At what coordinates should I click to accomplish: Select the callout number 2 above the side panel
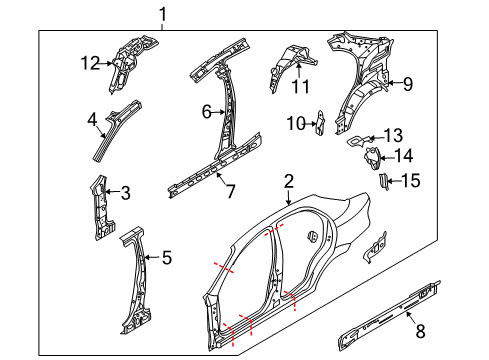288,181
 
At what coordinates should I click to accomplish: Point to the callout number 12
88,63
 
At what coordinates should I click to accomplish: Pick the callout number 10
293,123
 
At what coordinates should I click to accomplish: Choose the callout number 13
392,135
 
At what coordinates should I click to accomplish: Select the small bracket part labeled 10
319,122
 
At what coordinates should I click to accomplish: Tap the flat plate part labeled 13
357,142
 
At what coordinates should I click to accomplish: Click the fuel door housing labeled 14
371,158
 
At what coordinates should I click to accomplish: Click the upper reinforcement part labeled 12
128,54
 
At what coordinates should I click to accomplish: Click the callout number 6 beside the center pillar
206,113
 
